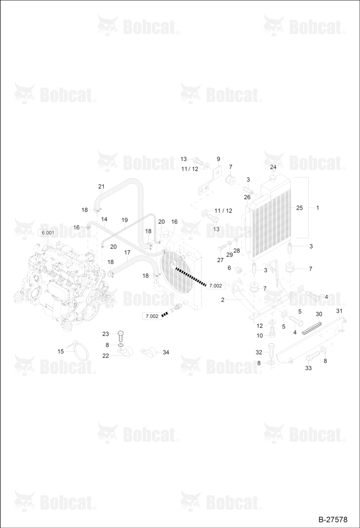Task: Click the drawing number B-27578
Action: coord(333,520)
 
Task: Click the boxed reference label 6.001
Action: coord(48,233)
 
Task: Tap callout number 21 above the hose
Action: coord(101,186)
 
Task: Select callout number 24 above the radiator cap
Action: coord(273,167)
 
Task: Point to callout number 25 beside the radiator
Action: coord(299,208)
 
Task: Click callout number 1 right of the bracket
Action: coord(317,208)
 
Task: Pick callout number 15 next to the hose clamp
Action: coord(61,352)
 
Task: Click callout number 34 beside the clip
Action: coord(166,352)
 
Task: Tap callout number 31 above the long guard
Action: coord(339,311)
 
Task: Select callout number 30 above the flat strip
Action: coord(319,314)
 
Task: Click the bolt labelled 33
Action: coord(314,355)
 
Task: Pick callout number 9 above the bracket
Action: coord(218,159)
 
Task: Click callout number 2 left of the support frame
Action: coord(223,300)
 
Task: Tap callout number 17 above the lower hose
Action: coord(127,252)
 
